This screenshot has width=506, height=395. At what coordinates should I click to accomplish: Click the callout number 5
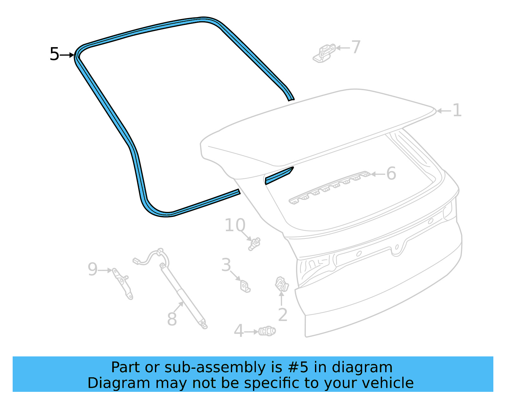click(54, 54)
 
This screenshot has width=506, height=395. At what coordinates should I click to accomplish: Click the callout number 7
click(356, 47)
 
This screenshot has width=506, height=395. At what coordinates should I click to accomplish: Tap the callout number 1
click(457, 111)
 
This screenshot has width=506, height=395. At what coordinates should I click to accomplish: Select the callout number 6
click(391, 174)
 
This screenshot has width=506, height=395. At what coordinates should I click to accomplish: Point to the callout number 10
click(235, 225)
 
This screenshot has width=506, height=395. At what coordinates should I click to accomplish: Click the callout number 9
click(92, 269)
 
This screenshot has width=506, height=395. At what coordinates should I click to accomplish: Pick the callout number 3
click(226, 265)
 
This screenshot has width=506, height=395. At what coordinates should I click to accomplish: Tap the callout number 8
click(172, 319)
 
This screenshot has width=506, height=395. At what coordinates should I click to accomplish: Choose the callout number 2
click(283, 315)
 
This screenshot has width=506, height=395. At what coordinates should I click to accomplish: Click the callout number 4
click(238, 331)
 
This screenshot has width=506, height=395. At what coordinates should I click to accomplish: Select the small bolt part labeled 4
click(267, 331)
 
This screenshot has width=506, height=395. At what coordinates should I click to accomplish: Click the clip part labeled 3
click(245, 286)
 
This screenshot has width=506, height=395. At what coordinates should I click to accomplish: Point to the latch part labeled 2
click(282, 284)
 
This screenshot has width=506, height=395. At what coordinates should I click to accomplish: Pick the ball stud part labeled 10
click(254, 244)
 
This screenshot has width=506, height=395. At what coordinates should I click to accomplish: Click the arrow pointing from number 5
click(67, 55)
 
